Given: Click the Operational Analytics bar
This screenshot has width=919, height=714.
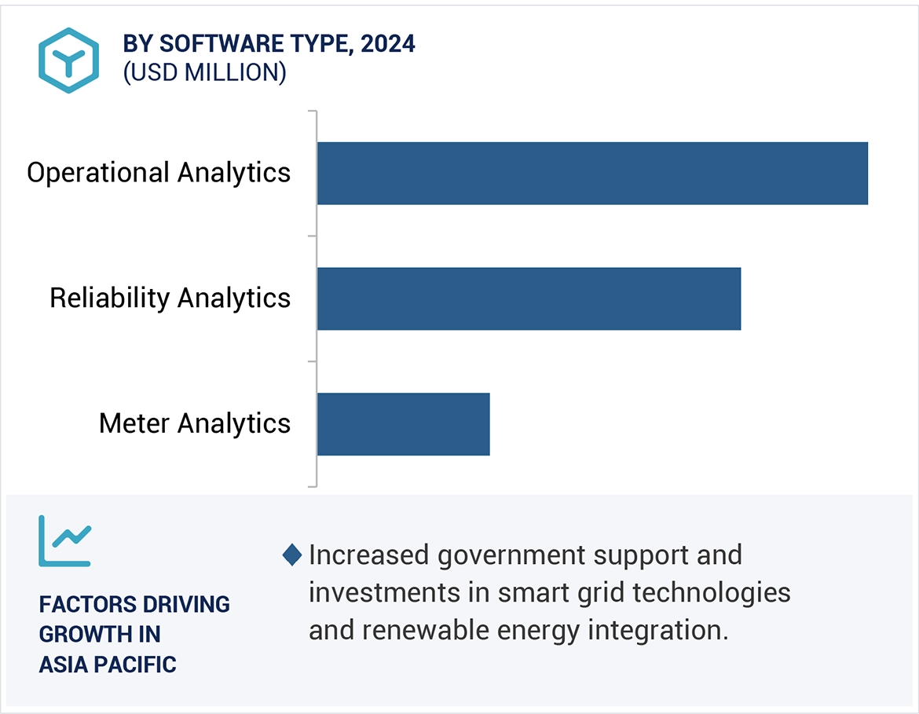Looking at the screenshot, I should (592, 173).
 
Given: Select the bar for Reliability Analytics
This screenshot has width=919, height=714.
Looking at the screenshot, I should (529, 298).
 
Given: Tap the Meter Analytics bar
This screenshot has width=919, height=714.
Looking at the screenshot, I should (403, 424).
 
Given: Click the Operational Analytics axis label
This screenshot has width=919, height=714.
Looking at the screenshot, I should (159, 173).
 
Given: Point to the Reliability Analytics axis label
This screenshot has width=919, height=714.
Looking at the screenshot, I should (170, 298).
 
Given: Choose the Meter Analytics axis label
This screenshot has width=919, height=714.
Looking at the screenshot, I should (195, 424).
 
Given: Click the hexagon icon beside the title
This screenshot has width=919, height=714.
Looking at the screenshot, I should (69, 60).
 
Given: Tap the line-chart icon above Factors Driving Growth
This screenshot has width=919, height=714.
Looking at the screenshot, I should (65, 540).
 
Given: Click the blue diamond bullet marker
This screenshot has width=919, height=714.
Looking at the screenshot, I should (292, 555).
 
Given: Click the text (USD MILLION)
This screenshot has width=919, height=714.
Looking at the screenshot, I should (204, 72).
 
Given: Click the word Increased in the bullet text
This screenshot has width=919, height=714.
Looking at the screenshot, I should (369, 555).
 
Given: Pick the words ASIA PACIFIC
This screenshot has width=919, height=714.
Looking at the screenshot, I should (108, 665).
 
